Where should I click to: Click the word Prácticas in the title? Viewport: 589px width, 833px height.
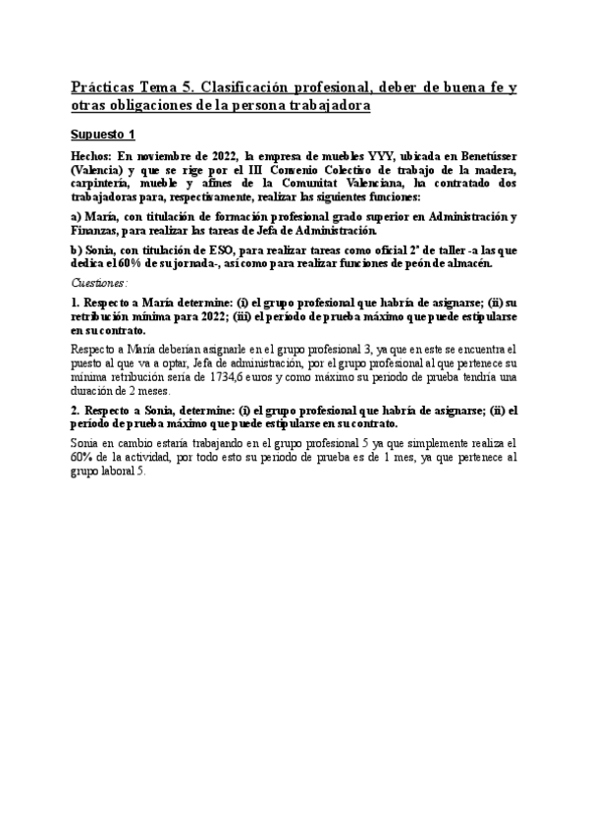[x=106, y=88]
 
